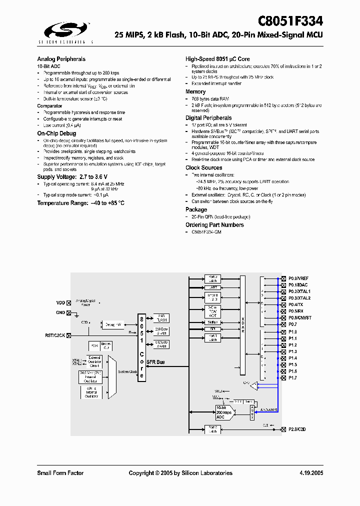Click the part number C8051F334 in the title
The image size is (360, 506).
(290, 21)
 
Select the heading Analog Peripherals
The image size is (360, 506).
(61, 59)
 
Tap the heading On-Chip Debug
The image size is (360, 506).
(56, 133)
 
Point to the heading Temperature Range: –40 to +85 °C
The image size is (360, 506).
(80, 203)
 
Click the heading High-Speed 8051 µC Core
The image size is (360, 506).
(217, 59)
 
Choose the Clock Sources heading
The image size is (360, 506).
(204, 168)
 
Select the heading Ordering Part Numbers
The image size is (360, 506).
(214, 225)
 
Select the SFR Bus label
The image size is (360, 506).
(157, 362)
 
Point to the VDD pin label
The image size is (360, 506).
(60, 303)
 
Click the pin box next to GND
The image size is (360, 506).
(69, 312)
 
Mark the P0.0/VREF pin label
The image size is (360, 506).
(298, 278)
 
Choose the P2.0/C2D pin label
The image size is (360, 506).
(297, 429)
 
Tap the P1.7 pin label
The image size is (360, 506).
(292, 378)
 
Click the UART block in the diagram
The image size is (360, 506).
(213, 288)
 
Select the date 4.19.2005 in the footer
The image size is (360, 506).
(311, 473)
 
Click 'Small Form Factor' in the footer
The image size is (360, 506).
(60, 473)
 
